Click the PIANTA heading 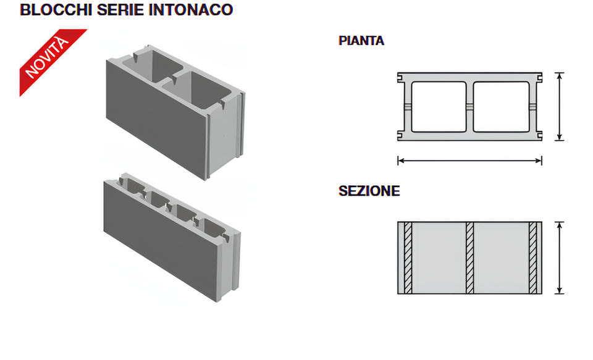[361, 41]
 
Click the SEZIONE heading [369, 191]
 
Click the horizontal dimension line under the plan [469, 161]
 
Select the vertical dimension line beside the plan [559, 106]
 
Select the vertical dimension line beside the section [559, 257]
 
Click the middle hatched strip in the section [469, 257]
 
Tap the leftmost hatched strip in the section [408, 257]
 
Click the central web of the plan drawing [469, 107]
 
